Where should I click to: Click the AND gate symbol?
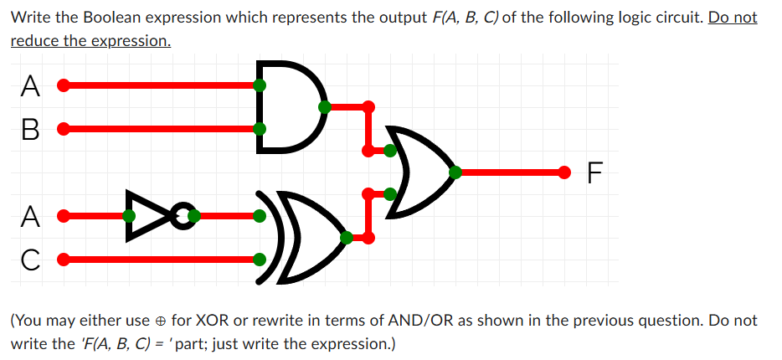pos(289,107)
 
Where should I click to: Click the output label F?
pos(594,173)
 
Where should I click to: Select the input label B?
pos(30,130)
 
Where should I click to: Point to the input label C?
pos(30,260)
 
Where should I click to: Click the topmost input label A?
pos(30,85)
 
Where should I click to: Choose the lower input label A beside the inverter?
pos(30,216)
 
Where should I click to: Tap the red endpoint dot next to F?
pos(566,172)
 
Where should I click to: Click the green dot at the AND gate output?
pos(324,107)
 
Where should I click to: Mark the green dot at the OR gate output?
pos(455,172)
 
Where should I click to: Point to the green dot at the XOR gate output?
pos(346,238)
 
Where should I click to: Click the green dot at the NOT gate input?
pos(128,216)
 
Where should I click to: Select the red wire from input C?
pos(159,260)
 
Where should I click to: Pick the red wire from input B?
pos(159,129)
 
